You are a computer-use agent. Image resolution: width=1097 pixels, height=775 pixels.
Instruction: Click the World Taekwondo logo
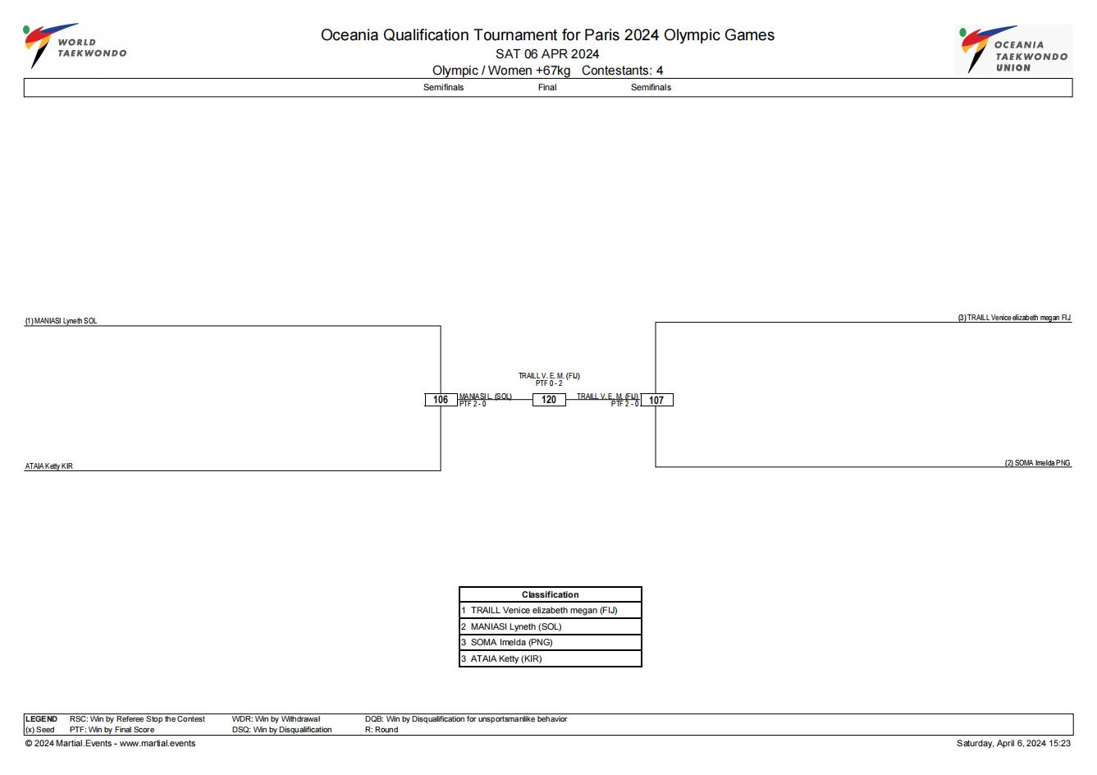tap(75, 46)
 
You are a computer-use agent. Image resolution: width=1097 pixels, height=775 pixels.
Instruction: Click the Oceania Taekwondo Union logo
tap(1013, 49)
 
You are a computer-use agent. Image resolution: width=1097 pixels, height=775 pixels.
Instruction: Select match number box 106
tap(441, 400)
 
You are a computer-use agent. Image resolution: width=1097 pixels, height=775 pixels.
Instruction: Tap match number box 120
tap(549, 400)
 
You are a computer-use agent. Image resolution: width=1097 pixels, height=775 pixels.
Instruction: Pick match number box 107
tap(656, 401)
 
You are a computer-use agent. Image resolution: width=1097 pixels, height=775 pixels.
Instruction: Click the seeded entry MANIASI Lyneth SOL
tap(62, 321)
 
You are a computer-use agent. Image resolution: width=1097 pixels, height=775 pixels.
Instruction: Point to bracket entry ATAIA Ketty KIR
tap(49, 465)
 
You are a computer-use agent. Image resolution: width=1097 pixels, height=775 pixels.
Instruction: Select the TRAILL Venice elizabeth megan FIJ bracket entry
tap(1014, 318)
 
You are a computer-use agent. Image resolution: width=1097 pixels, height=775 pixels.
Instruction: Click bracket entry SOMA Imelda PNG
tap(1037, 462)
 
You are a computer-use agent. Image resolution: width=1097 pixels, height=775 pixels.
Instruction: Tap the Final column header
tap(547, 87)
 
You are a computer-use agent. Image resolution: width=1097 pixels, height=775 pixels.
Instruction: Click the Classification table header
tap(550, 594)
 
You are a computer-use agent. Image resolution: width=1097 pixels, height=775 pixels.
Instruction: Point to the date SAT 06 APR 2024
tap(547, 54)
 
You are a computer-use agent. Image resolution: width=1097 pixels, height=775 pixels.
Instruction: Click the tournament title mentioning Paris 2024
tap(547, 34)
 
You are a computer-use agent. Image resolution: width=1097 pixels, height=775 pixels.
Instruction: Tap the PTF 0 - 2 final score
tap(549, 383)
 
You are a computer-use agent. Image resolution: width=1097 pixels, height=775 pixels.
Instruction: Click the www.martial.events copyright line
tap(110, 743)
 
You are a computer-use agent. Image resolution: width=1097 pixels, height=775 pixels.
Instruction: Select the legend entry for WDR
tap(276, 718)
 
